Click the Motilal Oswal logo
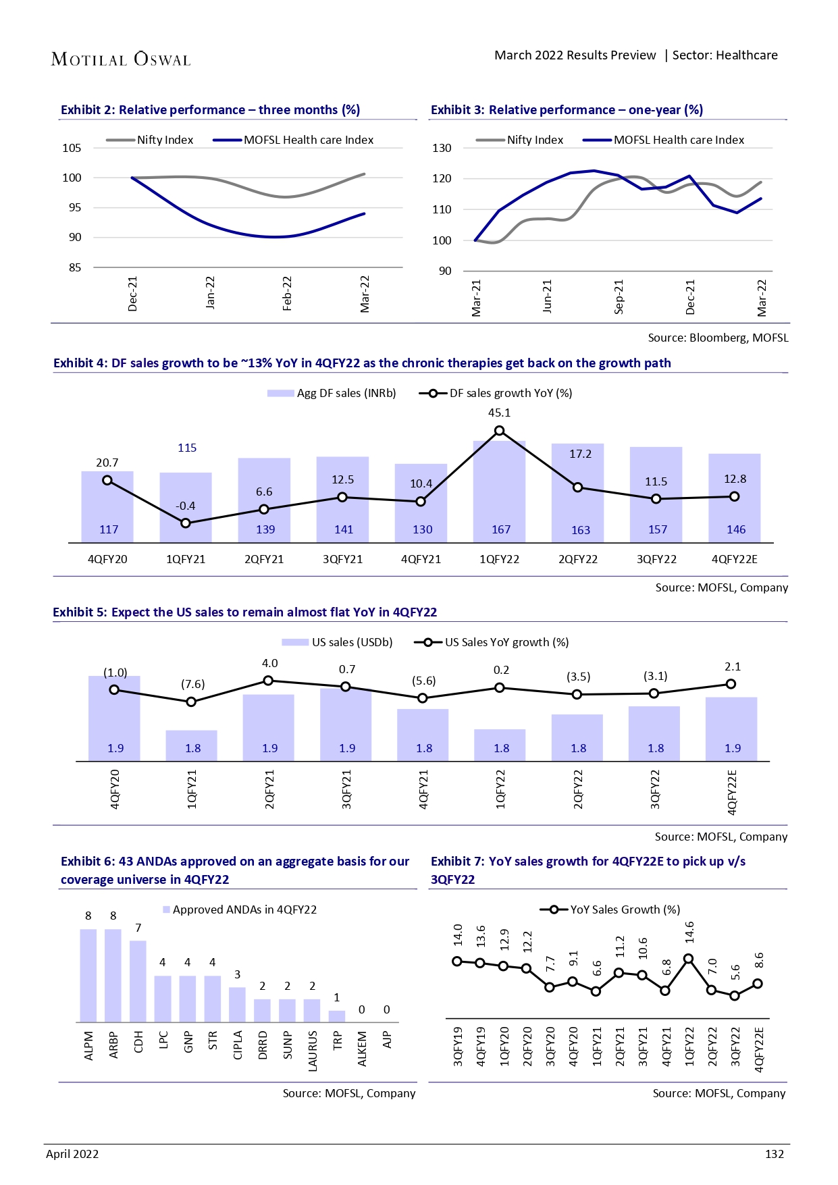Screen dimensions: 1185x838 pyautogui.click(x=121, y=59)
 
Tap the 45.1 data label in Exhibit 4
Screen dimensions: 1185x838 pyautogui.click(x=499, y=413)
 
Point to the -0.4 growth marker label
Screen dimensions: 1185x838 pyautogui.click(x=185, y=506)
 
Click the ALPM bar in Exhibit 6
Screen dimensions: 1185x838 pyautogui.click(x=88, y=975)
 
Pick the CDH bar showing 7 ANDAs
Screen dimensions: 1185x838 pyautogui.click(x=138, y=980)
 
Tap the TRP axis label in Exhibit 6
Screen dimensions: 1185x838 pyautogui.click(x=337, y=1040)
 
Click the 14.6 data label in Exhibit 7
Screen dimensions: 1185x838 pyautogui.click(x=689, y=932)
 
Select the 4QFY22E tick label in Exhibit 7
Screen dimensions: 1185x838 pyautogui.click(x=759, y=1049)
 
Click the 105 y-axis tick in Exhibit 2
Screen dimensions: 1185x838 pyautogui.click(x=72, y=148)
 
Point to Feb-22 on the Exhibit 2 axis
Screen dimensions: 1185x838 pyautogui.click(x=287, y=293)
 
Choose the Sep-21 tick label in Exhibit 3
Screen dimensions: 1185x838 pyautogui.click(x=619, y=296)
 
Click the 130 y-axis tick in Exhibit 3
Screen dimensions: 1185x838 pyautogui.click(x=442, y=148)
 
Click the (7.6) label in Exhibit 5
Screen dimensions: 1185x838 pyautogui.click(x=192, y=684)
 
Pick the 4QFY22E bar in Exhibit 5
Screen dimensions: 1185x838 pyautogui.click(x=731, y=729)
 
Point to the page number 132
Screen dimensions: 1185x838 pyautogui.click(x=774, y=1154)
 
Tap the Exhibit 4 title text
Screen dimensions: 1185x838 pyautogui.click(x=362, y=363)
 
